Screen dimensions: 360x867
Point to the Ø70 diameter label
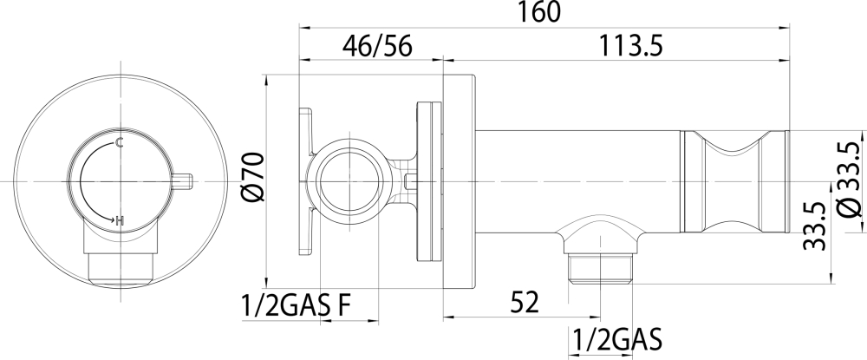(x=251, y=177)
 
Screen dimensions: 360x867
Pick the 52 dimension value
(x=523, y=303)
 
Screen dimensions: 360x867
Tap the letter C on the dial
(x=118, y=143)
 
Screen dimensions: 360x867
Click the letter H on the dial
(x=120, y=221)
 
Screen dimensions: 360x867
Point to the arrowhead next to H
(x=110, y=219)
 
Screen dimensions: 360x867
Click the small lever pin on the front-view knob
(x=180, y=181)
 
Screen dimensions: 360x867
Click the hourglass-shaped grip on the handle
(x=733, y=182)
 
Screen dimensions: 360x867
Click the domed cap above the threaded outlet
(x=600, y=232)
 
